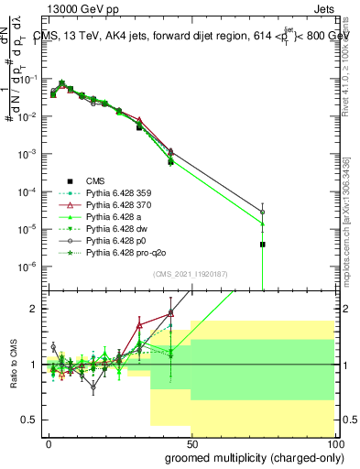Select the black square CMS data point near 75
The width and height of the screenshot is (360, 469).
click(263, 245)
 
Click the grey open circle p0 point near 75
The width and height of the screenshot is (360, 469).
click(263, 213)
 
